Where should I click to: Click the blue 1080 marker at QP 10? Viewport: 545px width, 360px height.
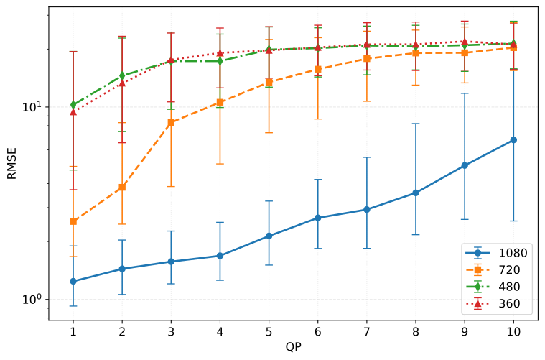513,139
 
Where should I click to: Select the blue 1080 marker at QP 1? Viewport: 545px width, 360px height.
73,281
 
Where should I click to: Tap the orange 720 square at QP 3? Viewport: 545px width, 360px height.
171,122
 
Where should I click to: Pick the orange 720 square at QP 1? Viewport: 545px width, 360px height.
73,221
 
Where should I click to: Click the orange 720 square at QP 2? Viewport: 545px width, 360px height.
122,187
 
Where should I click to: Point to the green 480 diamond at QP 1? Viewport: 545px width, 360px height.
73,104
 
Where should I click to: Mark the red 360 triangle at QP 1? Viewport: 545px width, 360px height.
73,111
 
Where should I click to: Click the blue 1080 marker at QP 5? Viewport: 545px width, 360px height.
269,236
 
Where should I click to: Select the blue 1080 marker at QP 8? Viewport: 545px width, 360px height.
416,193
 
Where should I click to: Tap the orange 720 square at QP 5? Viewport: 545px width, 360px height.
269,82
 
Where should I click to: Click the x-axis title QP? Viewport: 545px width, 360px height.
293,348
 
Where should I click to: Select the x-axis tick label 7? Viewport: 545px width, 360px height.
367,332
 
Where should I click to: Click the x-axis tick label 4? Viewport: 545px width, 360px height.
220,332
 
